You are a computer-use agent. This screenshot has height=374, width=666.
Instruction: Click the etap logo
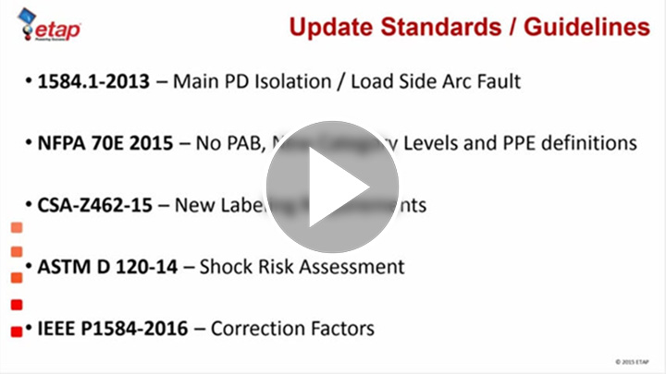click(50, 27)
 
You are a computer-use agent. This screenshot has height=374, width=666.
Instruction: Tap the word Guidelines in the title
click(587, 27)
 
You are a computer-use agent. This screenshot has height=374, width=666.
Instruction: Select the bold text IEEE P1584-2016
click(113, 328)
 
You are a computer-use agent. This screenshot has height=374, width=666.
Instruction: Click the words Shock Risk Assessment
click(302, 267)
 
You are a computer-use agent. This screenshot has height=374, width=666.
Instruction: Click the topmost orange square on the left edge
click(16, 227)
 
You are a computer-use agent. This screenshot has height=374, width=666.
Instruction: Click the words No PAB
click(229, 143)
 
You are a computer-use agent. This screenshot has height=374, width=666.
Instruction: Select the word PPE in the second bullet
click(508, 143)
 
